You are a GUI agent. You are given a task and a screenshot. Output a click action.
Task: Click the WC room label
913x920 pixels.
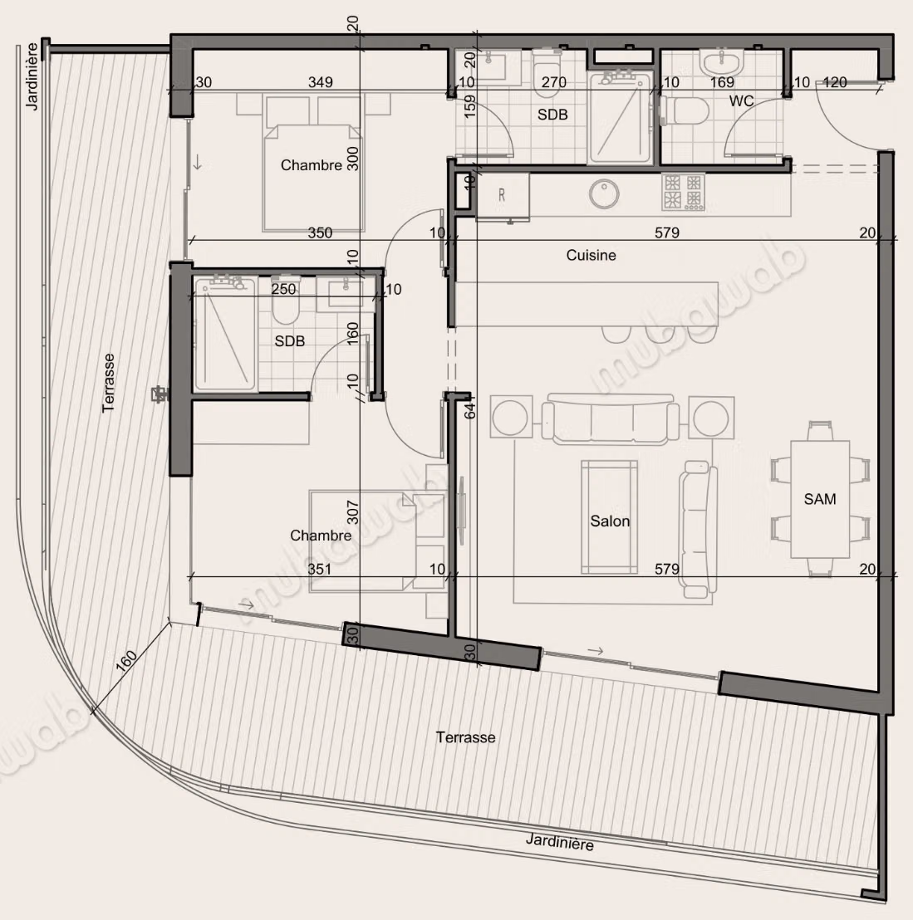pos(741,101)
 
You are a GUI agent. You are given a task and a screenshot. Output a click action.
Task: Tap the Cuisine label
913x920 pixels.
pos(591,255)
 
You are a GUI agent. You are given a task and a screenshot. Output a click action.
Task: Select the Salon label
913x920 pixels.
pos(610,521)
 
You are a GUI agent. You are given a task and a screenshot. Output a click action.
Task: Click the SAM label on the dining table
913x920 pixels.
pos(820,499)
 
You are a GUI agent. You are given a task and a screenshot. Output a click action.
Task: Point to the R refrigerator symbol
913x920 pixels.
pos(502,195)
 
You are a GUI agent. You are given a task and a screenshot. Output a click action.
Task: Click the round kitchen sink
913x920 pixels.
pos(604,194)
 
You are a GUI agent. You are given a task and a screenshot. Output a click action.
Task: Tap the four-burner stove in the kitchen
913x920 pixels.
pos(684,192)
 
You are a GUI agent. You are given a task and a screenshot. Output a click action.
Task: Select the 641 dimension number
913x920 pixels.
pos(470,407)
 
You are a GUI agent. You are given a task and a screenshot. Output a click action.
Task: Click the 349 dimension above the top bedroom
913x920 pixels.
pos(321,82)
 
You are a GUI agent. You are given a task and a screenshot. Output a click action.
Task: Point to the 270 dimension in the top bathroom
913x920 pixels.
pos(553,82)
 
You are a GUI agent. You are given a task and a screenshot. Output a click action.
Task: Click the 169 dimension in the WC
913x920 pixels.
pos(722,82)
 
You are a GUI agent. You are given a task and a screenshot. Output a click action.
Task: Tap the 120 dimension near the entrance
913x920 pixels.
pos(834,82)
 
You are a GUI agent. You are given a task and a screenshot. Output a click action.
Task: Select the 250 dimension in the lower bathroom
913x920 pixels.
pos(283,289)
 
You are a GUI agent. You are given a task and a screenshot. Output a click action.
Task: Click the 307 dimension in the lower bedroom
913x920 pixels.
pos(352,512)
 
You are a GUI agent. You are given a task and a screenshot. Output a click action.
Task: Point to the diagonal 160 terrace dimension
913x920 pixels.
pos(125,661)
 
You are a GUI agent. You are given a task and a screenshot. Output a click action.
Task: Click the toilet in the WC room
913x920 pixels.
pos(684,110)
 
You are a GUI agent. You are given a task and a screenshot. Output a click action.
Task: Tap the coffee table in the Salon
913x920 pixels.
pos(610,517)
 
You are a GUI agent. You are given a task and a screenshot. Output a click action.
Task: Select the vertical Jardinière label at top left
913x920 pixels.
pos(32,76)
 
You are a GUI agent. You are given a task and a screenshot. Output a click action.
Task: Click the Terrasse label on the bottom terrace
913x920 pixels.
pos(465,737)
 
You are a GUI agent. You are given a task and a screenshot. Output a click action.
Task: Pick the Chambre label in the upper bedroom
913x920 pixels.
pos(312,165)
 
